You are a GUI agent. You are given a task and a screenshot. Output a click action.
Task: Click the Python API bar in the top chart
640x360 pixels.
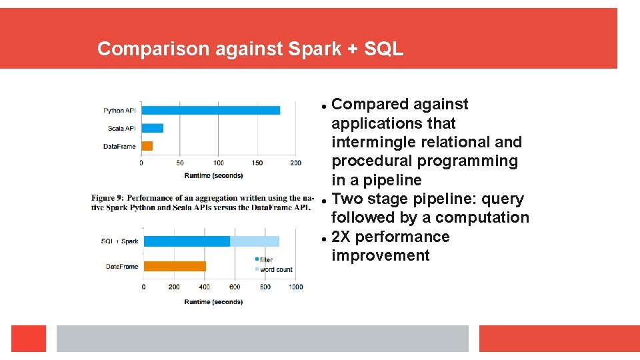pyautogui.click(x=210, y=110)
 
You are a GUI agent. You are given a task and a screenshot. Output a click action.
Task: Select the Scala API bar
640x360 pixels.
pyautogui.click(x=152, y=128)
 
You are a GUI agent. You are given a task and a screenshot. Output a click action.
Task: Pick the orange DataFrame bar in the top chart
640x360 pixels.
pyautogui.click(x=147, y=146)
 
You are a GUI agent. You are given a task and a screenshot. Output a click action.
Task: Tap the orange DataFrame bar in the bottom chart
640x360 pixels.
pyautogui.click(x=175, y=266)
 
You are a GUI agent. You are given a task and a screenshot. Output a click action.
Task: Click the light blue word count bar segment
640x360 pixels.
pyautogui.click(x=254, y=241)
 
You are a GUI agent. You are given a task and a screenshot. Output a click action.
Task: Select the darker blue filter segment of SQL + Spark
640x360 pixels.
pyautogui.click(x=187, y=241)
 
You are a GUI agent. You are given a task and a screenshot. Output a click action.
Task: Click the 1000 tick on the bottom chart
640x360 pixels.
pyautogui.click(x=295, y=287)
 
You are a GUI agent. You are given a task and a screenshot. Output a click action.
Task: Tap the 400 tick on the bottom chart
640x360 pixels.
pyautogui.click(x=204, y=287)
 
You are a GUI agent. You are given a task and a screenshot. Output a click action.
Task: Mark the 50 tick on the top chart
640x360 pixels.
pyautogui.click(x=180, y=163)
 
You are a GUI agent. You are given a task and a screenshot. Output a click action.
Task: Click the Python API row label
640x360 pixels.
pyautogui.click(x=119, y=111)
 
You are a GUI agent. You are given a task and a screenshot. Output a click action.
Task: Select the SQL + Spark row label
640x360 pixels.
pyautogui.click(x=120, y=241)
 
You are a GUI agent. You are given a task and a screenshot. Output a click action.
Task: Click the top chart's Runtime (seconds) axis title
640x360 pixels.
pyautogui.click(x=213, y=175)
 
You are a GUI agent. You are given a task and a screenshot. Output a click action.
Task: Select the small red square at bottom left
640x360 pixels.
pyautogui.click(x=29, y=339)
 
